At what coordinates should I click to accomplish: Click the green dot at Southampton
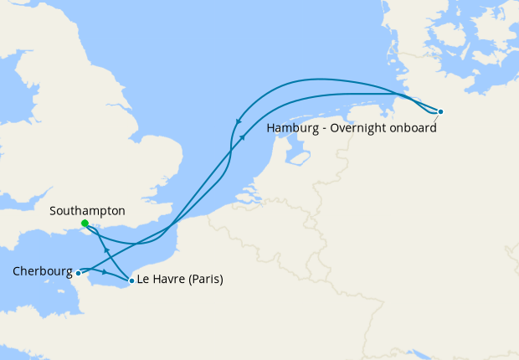(85, 224)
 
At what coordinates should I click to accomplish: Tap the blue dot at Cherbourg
(78, 273)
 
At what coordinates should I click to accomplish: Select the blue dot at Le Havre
(131, 280)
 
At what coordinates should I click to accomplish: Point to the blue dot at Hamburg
(440, 111)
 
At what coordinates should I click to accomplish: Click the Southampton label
(87, 211)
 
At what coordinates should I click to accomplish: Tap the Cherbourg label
(42, 271)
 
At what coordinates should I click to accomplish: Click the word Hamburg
(293, 128)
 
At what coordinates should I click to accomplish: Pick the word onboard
(414, 128)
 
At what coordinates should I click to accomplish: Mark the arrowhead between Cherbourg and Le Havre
(104, 272)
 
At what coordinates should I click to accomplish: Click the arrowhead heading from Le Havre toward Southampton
(105, 249)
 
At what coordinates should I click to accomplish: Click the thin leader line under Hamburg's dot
(436, 117)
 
